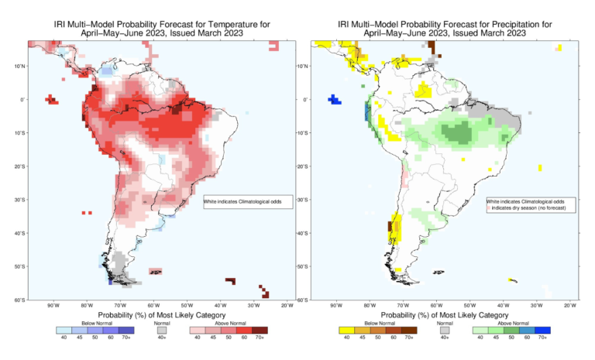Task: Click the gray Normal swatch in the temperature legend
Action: click(161, 329)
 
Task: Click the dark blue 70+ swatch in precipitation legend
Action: click(542, 329)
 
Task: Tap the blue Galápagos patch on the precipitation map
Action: click(335, 99)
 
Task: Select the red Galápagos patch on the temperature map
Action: click(53, 99)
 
